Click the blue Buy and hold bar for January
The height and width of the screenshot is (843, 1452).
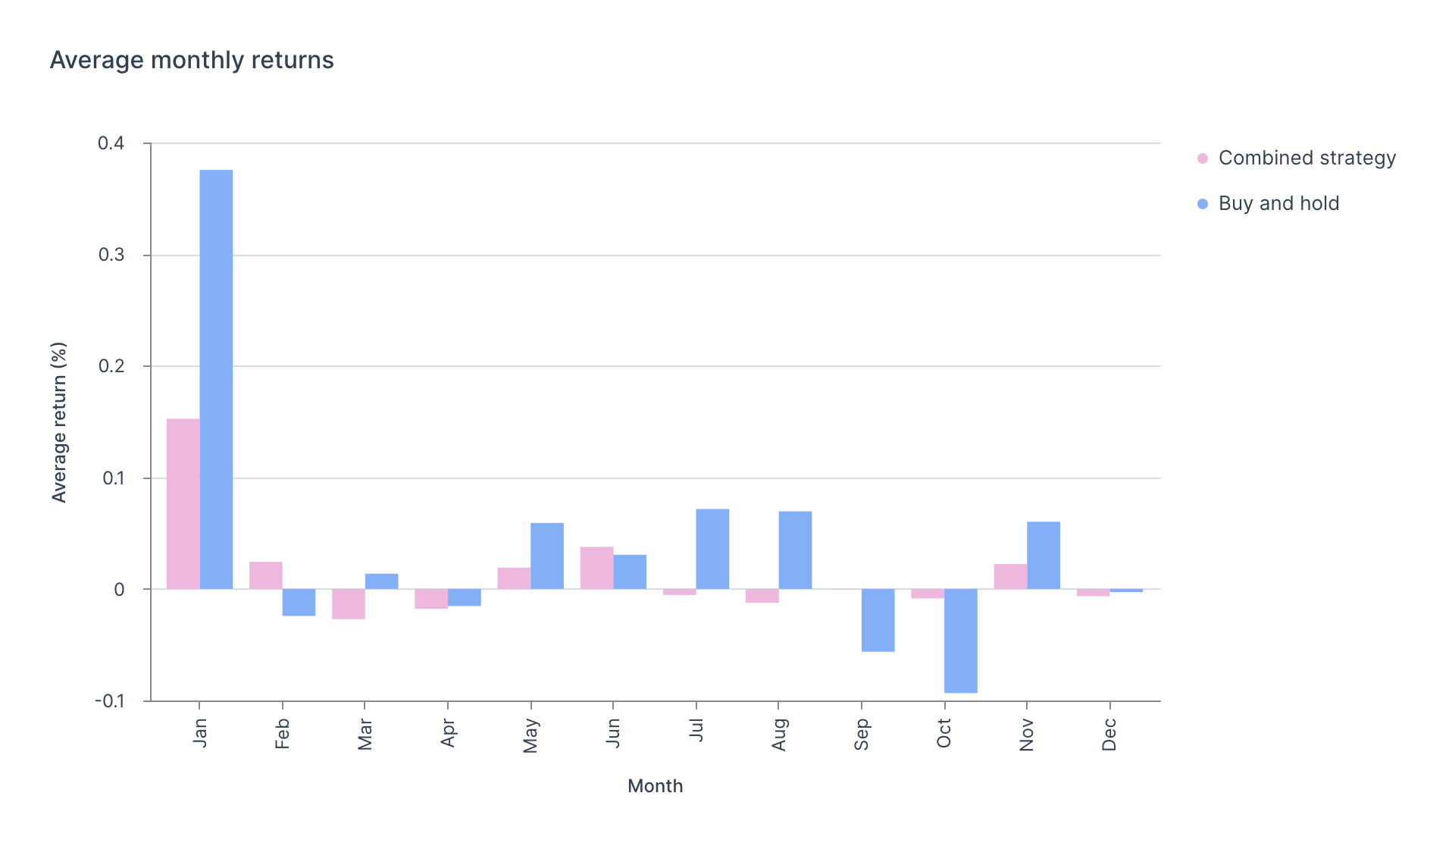pos(216,379)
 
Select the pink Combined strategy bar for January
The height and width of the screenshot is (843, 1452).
pos(183,503)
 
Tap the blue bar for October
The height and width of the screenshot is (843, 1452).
pos(960,641)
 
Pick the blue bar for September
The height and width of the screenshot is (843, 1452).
pos(878,620)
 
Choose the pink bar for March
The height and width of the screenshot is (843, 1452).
pos(349,603)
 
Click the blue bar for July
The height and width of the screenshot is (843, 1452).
pos(712,549)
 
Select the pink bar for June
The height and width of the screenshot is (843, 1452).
pos(596,568)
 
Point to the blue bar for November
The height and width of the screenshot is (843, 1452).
pos(1044,555)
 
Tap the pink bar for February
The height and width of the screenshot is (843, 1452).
pos(266,575)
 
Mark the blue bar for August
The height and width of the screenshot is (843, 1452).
pos(795,550)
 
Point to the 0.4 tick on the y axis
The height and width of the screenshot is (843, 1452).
pos(111,143)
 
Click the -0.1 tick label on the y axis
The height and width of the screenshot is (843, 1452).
pos(109,701)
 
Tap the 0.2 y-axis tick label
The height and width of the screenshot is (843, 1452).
pos(111,366)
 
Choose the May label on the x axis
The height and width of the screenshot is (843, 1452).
pos(530,736)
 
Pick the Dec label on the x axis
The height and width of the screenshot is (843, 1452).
pos(1109,735)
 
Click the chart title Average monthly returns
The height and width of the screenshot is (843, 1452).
pos(192,60)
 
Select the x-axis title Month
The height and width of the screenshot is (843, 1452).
pos(655,786)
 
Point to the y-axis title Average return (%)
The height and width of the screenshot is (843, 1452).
pos(59,422)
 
